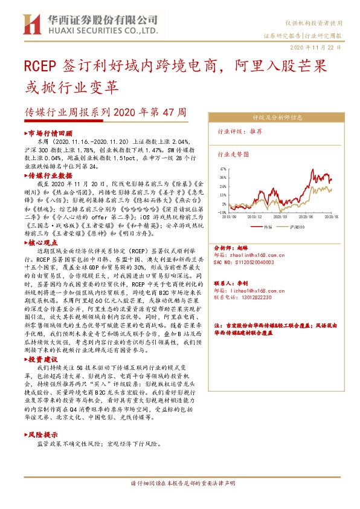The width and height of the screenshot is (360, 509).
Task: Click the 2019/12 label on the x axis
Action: pyautogui.click(x=254, y=216)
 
